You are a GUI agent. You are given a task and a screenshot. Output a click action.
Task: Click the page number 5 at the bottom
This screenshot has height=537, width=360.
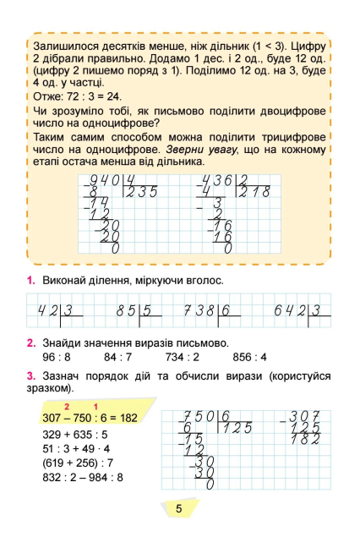tap(179, 509)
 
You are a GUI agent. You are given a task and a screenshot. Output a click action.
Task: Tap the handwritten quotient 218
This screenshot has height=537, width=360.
tap(252, 192)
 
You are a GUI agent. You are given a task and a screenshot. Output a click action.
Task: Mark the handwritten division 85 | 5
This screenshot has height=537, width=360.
tap(139, 311)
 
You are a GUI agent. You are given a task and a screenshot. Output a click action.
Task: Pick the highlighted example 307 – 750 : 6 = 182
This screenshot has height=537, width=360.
tap(88, 419)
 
